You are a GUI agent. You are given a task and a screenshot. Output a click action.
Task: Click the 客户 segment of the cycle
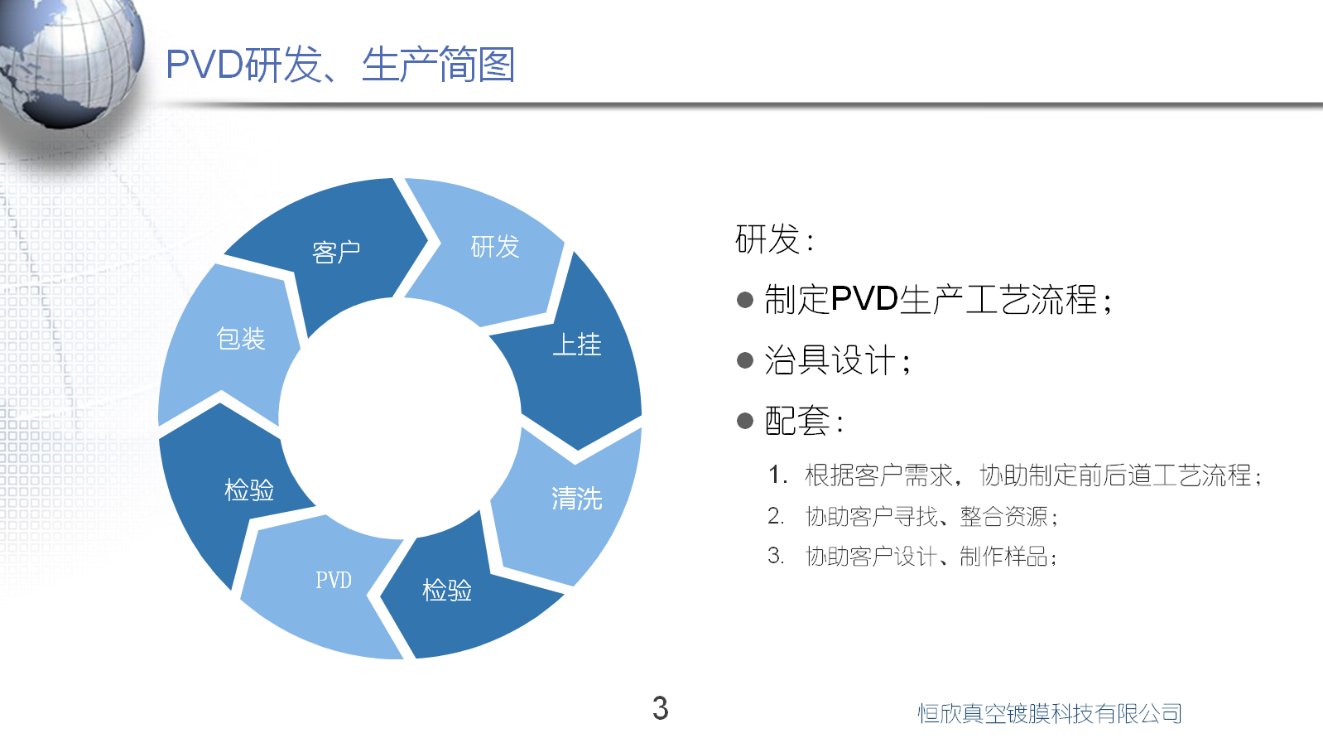[336, 252]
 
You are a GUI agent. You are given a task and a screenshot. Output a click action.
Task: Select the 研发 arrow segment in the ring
[494, 247]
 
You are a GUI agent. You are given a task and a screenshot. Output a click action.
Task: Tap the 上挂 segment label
[577, 345]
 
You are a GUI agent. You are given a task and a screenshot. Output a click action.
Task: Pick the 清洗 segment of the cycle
[576, 499]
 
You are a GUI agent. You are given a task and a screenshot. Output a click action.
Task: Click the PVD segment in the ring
[334, 580]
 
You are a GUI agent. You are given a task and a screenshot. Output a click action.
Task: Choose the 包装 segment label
[241, 339]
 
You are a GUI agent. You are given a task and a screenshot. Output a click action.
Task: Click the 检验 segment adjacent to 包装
[249, 490]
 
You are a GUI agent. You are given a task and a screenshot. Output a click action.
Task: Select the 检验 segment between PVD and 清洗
[447, 591]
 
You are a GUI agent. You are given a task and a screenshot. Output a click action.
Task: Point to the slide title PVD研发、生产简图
[340, 65]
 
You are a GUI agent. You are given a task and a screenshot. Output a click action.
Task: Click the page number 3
[660, 708]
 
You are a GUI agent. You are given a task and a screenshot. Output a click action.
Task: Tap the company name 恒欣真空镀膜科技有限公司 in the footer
[1049, 713]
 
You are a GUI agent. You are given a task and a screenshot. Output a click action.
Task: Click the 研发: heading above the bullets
[775, 239]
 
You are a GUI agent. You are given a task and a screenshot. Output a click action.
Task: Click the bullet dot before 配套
[745, 421]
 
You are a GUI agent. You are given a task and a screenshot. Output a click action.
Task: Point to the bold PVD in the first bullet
[864, 299]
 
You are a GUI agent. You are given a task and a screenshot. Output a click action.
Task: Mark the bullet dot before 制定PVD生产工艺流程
[745, 300]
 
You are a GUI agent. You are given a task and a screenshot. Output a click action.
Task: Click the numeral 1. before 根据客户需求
[777, 475]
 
